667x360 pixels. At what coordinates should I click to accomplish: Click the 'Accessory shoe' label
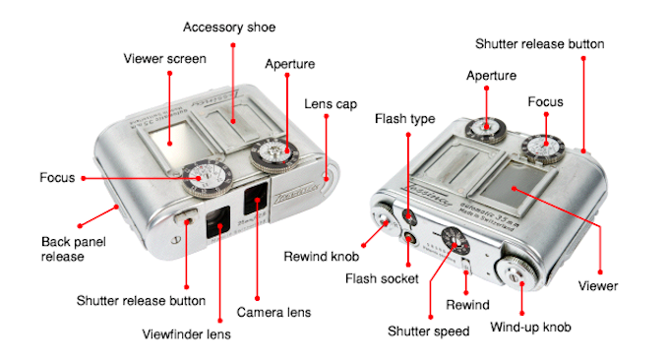229,28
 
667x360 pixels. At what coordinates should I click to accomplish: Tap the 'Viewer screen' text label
164,59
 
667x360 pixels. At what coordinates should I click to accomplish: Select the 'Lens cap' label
331,104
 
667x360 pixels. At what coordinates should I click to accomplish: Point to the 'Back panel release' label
73,249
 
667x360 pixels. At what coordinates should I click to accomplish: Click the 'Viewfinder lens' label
186,334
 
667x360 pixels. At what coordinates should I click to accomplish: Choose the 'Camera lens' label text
273,313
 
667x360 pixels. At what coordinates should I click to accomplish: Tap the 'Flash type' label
405,119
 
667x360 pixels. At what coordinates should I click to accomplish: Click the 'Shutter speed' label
428,331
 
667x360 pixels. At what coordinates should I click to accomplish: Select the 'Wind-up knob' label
530,327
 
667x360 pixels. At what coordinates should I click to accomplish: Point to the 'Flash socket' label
382,278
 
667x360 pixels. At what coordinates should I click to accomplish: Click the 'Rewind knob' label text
321,257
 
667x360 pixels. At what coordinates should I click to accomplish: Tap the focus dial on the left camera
208,179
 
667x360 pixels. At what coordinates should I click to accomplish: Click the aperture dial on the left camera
274,154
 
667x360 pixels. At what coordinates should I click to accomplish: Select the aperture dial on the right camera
485,130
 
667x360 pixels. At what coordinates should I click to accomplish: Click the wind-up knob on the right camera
516,274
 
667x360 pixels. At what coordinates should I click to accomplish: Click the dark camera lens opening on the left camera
255,199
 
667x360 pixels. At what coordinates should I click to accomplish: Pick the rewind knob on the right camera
385,218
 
